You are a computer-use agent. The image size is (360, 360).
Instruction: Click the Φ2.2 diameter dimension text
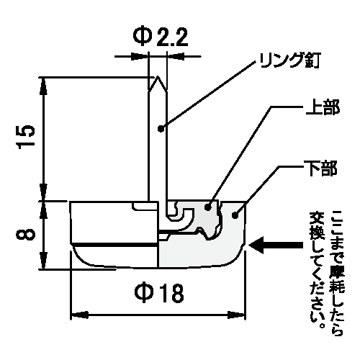pos(161,37)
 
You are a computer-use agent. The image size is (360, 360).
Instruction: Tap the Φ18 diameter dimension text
pos(159,293)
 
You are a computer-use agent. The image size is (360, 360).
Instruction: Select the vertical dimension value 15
pos(25,137)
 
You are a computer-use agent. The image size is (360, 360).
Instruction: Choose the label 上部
pos(323,107)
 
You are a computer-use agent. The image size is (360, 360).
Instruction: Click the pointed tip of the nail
pos(158,77)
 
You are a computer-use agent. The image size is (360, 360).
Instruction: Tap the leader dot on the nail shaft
pos(161,129)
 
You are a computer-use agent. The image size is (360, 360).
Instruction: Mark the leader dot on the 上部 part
pos(208,207)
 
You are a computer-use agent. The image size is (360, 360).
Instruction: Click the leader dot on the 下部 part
pos(235,215)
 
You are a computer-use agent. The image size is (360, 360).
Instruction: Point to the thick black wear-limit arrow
pos(276,246)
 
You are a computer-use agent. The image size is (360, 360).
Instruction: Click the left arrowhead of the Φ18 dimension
pos(79,315)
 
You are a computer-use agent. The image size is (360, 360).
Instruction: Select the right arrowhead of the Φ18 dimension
pos(236,315)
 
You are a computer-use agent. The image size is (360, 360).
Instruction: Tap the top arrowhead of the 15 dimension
pos(43,86)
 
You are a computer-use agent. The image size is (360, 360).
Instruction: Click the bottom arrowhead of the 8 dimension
pos(43,260)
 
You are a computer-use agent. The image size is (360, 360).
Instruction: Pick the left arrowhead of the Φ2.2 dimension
pos(139,57)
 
